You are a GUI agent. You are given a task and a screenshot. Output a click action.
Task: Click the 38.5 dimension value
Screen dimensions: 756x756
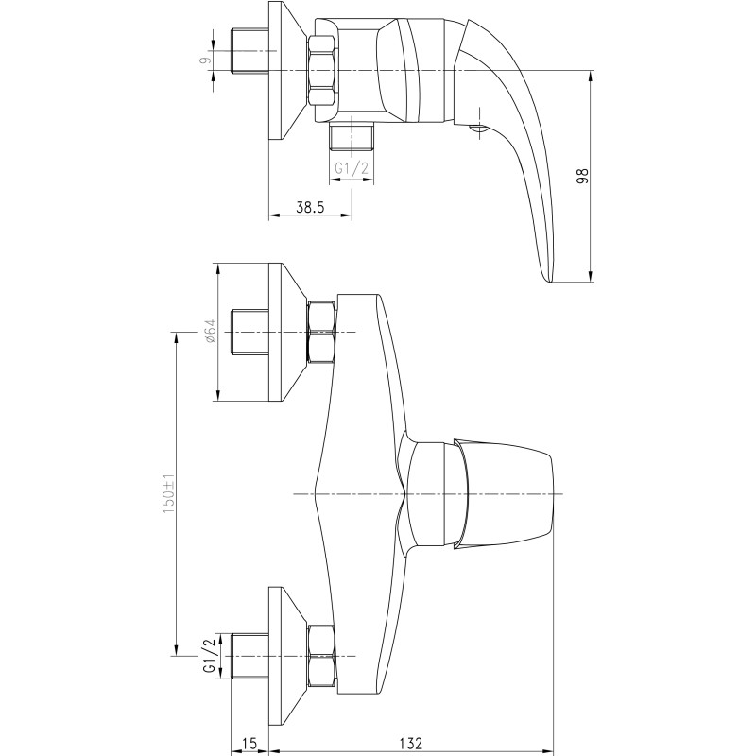click(311, 207)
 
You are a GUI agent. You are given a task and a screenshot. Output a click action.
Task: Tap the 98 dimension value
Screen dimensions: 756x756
click(583, 176)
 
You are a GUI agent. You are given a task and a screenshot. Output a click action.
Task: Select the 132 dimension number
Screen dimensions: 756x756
click(411, 743)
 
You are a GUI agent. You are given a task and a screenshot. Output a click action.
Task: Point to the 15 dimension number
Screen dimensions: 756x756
click(249, 743)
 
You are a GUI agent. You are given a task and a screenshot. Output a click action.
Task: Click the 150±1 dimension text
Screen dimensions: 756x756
click(168, 493)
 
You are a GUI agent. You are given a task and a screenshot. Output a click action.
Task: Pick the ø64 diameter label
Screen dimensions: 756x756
click(211, 332)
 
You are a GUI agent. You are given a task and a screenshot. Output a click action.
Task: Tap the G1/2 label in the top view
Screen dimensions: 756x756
click(352, 168)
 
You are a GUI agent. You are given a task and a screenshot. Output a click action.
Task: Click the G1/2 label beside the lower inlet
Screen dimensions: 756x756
click(209, 656)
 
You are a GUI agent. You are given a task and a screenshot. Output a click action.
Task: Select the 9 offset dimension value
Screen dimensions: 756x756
click(206, 60)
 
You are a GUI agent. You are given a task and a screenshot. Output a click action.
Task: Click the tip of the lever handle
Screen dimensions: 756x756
click(549, 282)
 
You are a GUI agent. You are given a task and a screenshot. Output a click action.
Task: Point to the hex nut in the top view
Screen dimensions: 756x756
click(321, 70)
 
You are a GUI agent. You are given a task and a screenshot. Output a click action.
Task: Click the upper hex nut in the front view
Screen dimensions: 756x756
click(321, 332)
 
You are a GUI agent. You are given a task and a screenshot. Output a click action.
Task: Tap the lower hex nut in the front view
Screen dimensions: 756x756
click(321, 656)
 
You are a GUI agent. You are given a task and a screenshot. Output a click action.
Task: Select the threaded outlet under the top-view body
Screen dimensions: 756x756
click(352, 136)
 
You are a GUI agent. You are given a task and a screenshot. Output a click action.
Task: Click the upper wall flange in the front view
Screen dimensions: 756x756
click(287, 333)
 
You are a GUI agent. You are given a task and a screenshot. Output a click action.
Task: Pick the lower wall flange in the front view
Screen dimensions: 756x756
click(287, 657)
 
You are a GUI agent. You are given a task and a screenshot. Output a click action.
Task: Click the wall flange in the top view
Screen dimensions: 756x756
click(287, 70)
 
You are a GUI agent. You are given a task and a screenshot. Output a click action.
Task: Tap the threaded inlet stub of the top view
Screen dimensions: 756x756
click(249, 51)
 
